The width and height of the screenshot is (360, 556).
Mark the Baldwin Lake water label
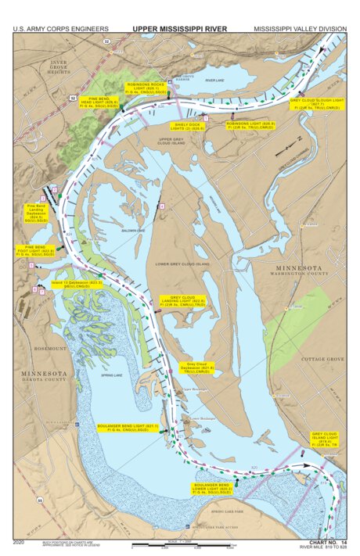click(135, 230)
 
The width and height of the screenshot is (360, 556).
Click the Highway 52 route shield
click(70, 99)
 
